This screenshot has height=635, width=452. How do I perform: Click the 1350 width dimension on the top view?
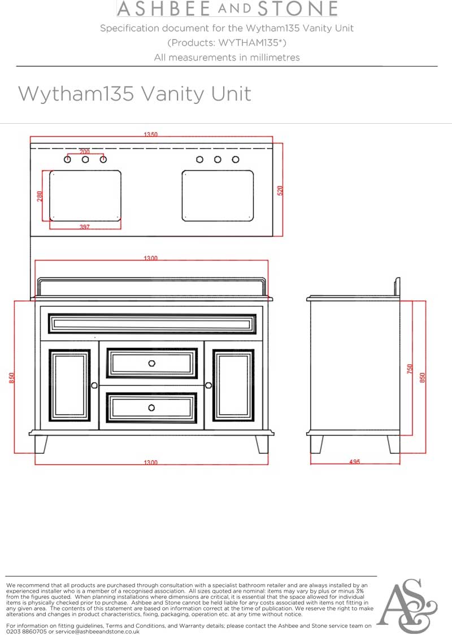pyautogui.click(x=150, y=134)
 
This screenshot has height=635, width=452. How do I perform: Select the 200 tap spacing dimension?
pyautogui.click(x=85, y=152)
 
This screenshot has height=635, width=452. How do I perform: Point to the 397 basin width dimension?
pyautogui.click(x=85, y=227)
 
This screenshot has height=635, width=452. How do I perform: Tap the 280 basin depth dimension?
pyautogui.click(x=40, y=196)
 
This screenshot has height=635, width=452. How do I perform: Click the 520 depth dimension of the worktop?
pyautogui.click(x=280, y=190)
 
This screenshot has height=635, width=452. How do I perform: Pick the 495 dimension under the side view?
pyautogui.click(x=354, y=462)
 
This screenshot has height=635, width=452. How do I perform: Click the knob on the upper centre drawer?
pyautogui.click(x=152, y=363)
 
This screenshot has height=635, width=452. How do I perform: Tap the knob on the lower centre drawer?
pyautogui.click(x=152, y=407)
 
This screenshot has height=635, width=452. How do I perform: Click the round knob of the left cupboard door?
pyautogui.click(x=94, y=385)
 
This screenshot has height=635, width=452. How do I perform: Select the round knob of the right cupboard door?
pyautogui.click(x=208, y=385)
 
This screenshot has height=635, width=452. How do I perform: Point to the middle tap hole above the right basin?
pyautogui.click(x=218, y=160)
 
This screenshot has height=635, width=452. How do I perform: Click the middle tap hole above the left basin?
pyautogui.click(x=85, y=160)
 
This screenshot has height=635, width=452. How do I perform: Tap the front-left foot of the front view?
pyautogui.click(x=41, y=444)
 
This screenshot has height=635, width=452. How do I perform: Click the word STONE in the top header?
pyautogui.click(x=297, y=9)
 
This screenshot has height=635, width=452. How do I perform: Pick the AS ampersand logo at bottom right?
pyautogui.click(x=407, y=606)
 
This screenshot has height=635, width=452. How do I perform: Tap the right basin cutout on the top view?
pyautogui.click(x=218, y=196)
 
